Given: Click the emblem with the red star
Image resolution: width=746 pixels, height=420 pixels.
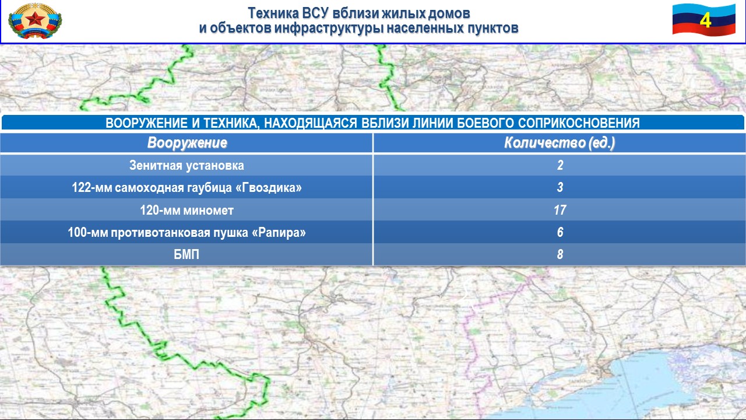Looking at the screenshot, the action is click(35, 20).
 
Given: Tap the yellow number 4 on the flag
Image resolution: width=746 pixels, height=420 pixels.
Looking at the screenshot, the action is click(705, 20).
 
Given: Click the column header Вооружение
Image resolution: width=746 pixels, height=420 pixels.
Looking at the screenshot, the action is click(187, 143).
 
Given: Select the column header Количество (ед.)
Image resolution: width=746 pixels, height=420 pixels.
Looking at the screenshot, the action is click(559, 143).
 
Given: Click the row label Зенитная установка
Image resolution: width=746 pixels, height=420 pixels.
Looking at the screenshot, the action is click(186, 165).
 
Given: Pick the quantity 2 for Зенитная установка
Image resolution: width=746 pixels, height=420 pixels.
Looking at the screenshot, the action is click(560, 165).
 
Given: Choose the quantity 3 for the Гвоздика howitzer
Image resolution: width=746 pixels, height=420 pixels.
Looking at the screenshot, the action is click(560, 187).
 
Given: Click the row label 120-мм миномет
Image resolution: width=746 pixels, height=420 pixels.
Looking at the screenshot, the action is click(186, 210).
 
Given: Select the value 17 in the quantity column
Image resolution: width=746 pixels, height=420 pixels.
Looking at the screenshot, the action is click(560, 209).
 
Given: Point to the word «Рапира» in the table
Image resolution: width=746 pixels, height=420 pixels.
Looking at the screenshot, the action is click(279, 232).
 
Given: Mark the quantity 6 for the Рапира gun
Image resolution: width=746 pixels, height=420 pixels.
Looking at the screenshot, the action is click(560, 232).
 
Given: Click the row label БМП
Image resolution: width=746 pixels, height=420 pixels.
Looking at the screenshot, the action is click(186, 255).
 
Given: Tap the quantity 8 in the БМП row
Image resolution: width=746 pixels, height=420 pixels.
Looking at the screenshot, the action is click(560, 254).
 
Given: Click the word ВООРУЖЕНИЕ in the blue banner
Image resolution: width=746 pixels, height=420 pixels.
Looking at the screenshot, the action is click(146, 123).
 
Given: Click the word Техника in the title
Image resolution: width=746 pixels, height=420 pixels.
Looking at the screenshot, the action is click(273, 13).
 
